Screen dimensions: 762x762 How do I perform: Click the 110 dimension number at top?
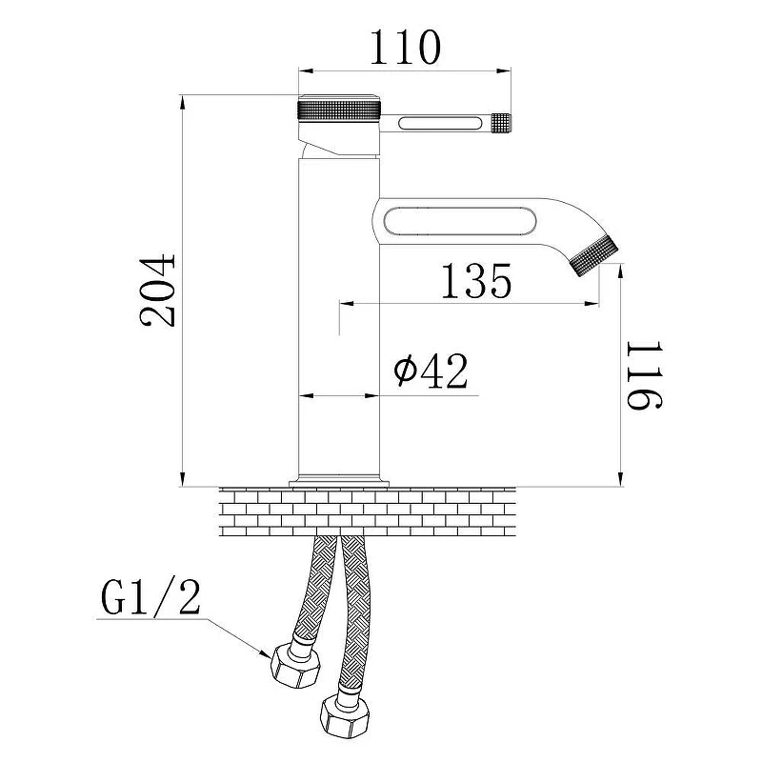[x=406, y=48]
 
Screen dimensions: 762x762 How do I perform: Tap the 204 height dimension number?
[x=157, y=291]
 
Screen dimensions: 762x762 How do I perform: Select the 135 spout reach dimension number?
[x=475, y=281]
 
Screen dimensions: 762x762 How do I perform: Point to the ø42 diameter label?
[x=431, y=371]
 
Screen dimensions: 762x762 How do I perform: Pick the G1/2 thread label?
[x=150, y=597]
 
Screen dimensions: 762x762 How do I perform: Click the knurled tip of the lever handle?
[x=501, y=123]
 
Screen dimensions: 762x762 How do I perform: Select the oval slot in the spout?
[x=460, y=222]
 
